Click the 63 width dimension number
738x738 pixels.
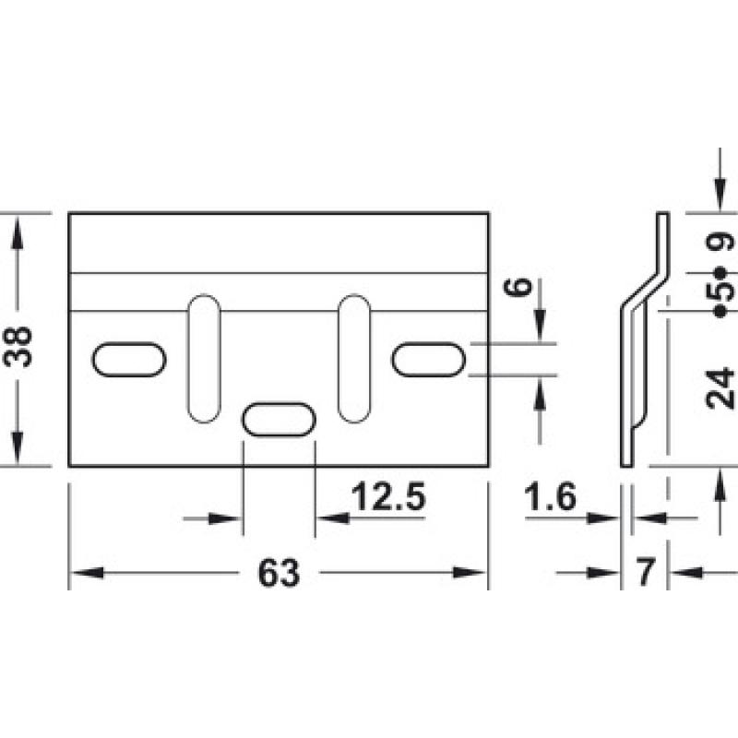(279, 573)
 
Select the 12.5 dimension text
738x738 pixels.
(388, 496)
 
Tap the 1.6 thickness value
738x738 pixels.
(550, 496)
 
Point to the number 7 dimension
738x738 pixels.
(645, 571)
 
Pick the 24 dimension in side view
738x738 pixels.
(720, 387)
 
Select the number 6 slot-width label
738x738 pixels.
(518, 286)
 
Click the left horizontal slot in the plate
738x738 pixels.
(129, 360)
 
